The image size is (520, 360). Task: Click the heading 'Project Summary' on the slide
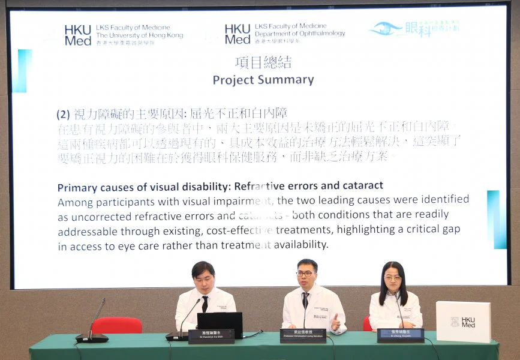pos(263,80)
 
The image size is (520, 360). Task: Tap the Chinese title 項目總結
pos(263,62)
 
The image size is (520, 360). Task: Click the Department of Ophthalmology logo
pos(284,34)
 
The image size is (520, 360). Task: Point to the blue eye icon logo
pos(386,28)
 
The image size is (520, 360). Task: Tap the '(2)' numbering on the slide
pos(64,113)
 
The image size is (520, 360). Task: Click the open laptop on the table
pos(220,324)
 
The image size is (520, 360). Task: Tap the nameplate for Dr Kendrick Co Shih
pos(211,336)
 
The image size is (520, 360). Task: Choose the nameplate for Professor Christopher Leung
pos(303,335)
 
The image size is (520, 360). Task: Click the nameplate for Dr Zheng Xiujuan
pos(400,335)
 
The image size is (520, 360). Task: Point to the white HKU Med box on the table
pos(463,322)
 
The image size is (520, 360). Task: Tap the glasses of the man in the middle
pos(305,274)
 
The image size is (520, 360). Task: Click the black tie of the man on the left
pos(205,304)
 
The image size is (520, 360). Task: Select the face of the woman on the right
pos(393,278)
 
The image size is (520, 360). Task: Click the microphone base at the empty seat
pos(92,337)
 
